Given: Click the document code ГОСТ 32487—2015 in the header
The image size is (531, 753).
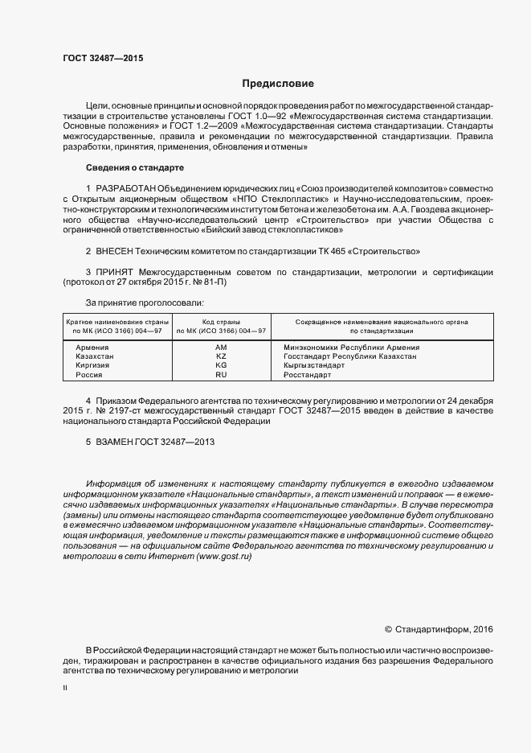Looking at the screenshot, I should click(103, 58).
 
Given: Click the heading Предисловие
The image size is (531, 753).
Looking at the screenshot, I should click(277, 84).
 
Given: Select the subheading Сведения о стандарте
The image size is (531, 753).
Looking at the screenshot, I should click(134, 167).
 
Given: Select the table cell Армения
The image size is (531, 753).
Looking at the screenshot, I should click(92, 348).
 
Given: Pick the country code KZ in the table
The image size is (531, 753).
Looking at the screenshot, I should click(221, 356).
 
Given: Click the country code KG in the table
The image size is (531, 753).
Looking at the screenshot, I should click(221, 365).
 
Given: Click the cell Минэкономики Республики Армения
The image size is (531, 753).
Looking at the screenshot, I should click(351, 348).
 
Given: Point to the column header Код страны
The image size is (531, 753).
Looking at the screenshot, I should click(221, 321).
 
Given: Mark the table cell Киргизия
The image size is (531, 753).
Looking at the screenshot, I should click(92, 365).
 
